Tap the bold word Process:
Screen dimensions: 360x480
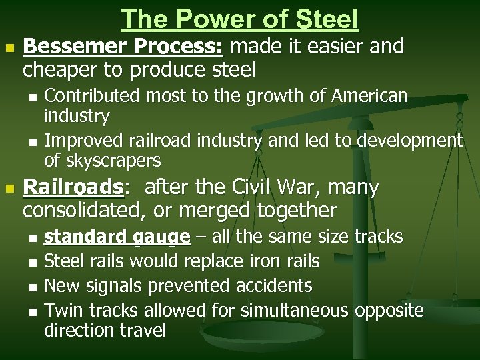point(164,47)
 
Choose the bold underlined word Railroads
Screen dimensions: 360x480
point(73,187)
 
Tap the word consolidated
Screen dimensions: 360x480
point(83,211)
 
